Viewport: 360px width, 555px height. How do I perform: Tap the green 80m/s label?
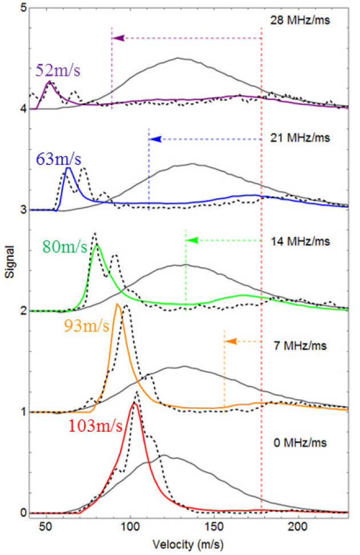(65, 247)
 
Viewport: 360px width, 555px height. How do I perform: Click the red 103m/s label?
(95, 426)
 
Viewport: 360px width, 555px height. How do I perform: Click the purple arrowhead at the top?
(118, 38)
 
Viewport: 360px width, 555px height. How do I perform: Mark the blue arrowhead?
(154, 139)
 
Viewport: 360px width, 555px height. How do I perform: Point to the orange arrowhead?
(230, 341)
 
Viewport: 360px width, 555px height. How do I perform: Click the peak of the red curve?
(134, 403)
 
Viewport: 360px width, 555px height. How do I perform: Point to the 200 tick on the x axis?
(299, 526)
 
